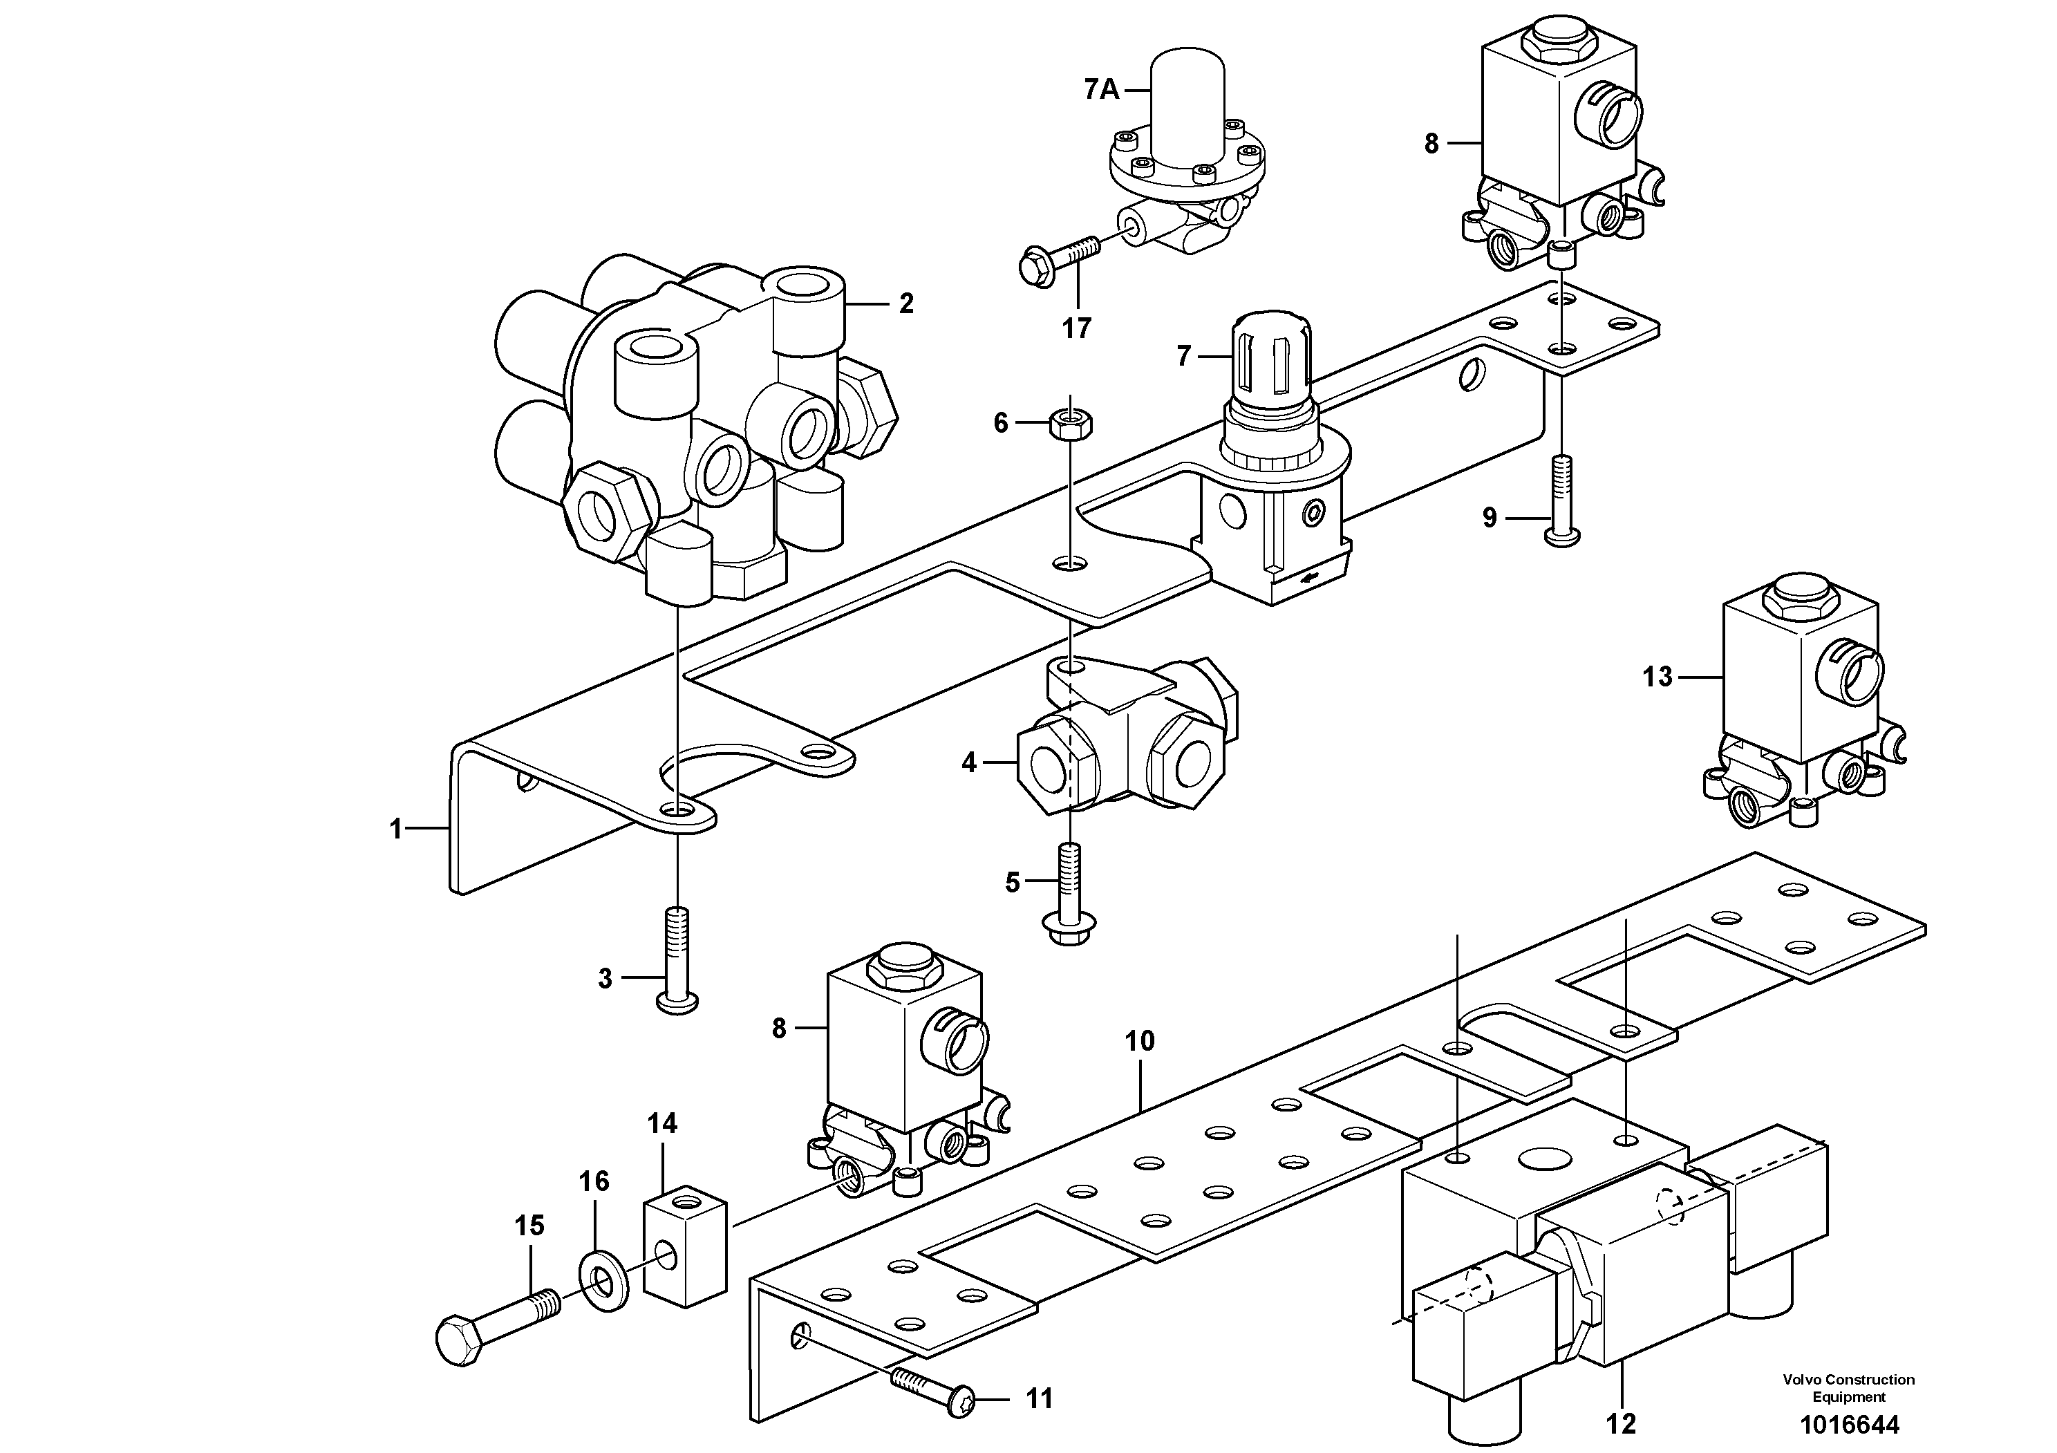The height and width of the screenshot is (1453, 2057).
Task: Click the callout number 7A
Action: [1102, 90]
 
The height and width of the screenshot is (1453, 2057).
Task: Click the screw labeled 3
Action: [677, 959]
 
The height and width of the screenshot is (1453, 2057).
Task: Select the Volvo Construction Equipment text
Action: [1848, 1387]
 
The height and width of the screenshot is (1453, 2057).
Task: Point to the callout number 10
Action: [1140, 1041]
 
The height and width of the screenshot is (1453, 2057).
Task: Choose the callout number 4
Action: [968, 763]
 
